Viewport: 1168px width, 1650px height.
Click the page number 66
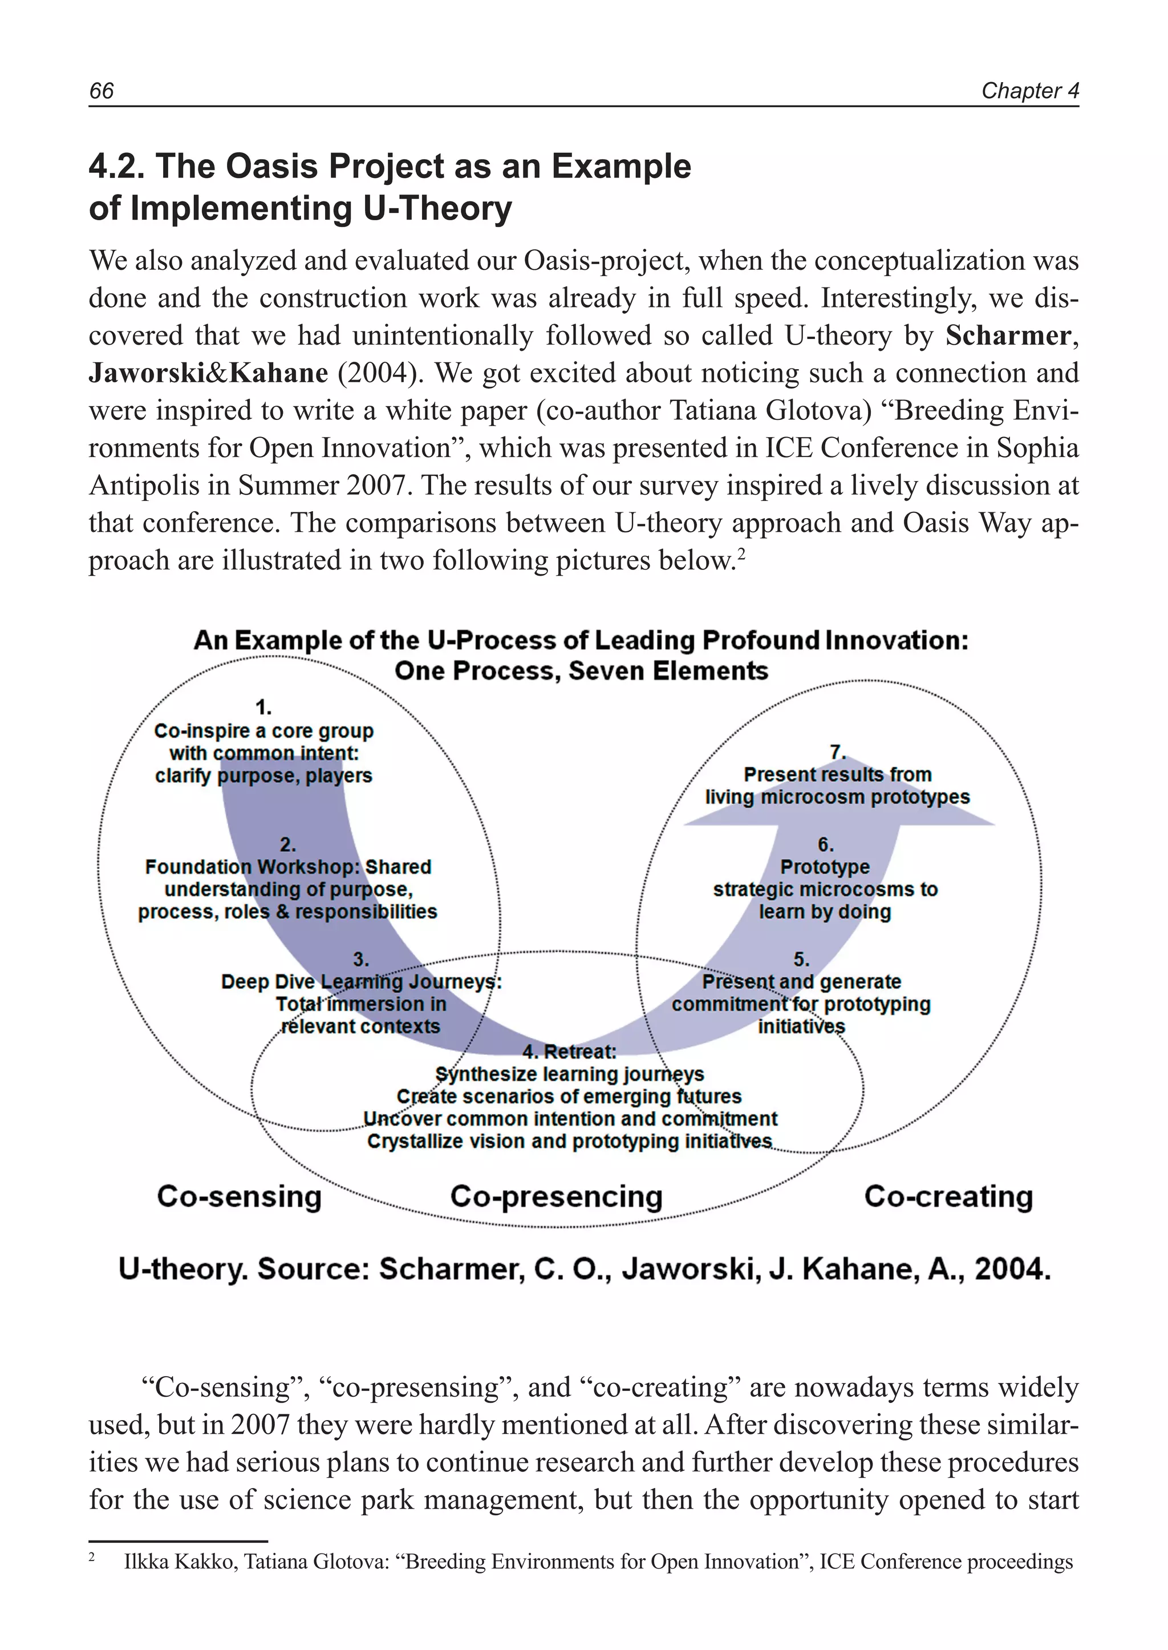[x=102, y=91]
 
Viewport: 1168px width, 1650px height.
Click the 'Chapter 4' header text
[x=1030, y=91]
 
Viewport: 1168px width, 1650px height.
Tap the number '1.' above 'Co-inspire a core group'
[x=264, y=707]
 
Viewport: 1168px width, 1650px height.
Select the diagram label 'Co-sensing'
[x=239, y=1196]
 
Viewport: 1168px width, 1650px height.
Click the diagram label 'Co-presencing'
[x=556, y=1196]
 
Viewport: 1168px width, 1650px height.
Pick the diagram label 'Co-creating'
[x=948, y=1196]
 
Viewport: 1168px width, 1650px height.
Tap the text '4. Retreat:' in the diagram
[x=569, y=1052]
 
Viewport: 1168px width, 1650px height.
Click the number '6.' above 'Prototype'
[x=825, y=844]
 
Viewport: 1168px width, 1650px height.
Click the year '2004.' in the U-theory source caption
[x=1012, y=1269]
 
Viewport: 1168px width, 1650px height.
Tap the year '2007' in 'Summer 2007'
[x=376, y=486]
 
